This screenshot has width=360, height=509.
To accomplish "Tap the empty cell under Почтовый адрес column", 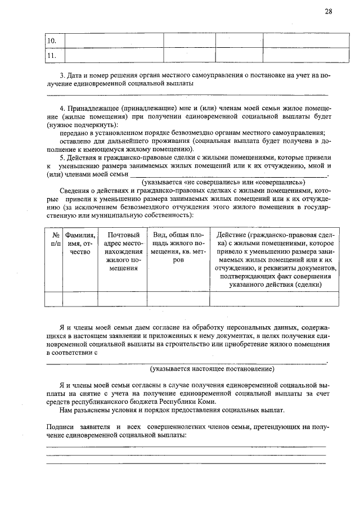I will tap(124, 299).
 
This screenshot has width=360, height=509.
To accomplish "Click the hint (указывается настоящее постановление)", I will tap(211, 369).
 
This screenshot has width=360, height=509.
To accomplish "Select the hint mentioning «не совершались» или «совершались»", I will tap(223, 183).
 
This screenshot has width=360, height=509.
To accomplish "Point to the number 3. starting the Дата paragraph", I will tap(62, 75).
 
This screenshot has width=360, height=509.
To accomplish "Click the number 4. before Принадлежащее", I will tap(62, 107).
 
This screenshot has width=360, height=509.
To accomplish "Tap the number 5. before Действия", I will tap(62, 157).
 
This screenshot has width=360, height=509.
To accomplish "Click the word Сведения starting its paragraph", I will tap(75, 191).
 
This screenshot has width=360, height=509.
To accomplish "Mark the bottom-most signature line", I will tap(186, 463).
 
